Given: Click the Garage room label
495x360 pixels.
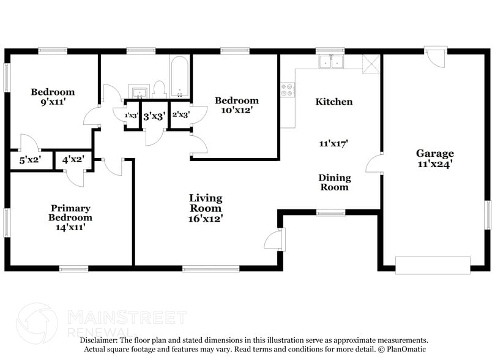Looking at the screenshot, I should (435, 153).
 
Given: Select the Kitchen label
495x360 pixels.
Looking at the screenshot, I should (333, 102).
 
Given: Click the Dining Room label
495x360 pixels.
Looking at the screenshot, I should (335, 182).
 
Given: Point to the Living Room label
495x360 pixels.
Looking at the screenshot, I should (206, 203).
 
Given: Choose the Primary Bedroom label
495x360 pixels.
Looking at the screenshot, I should (71, 212).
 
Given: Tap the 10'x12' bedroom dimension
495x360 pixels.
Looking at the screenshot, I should (236, 110).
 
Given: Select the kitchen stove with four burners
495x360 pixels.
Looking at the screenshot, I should (287, 91).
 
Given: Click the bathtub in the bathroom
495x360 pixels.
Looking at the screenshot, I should (180, 77).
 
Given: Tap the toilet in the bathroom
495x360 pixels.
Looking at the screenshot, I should (159, 89).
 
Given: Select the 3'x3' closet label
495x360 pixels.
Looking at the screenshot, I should (154, 115).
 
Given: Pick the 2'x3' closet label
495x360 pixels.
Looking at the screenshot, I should (181, 114).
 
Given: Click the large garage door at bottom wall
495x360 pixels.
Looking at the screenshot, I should (433, 264).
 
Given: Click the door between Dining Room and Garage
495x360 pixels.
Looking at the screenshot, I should (374, 163).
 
